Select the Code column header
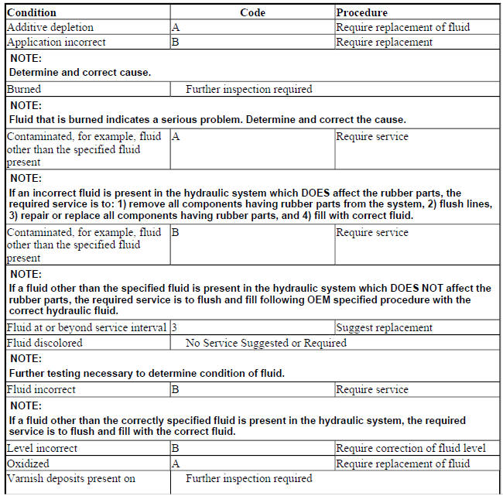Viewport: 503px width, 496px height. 252,12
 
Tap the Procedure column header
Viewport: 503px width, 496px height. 362,12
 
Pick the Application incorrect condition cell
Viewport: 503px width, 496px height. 56,42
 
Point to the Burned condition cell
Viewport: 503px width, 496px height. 24,89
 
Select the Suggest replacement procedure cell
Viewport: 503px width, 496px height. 384,327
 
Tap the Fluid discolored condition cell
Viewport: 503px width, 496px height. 44,343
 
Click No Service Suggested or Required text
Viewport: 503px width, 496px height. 265,343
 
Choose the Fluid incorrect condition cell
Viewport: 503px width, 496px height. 41,389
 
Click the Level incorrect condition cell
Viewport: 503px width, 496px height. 42,448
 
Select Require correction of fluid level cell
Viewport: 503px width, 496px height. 410,448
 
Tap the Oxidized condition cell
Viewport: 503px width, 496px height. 28,464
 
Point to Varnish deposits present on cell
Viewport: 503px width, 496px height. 71,479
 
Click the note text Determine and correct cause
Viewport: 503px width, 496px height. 80,72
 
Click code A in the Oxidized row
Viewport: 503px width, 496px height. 176,464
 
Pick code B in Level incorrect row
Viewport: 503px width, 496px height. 176,448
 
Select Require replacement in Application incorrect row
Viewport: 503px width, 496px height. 384,42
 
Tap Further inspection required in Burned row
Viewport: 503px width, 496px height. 248,89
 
